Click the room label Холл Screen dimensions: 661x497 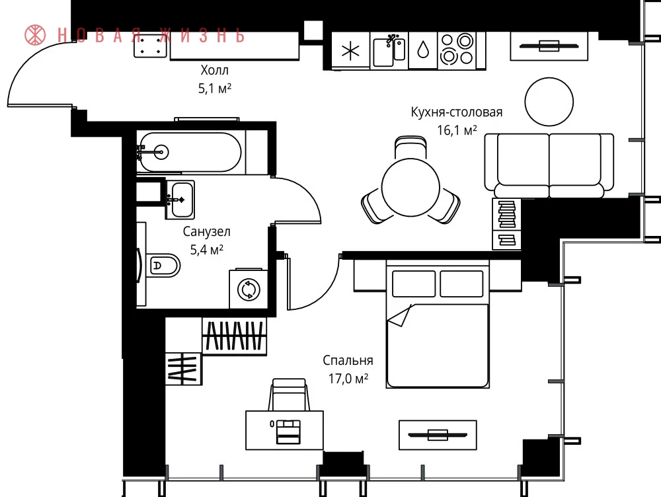click(215, 69)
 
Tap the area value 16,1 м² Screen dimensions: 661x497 click(457, 130)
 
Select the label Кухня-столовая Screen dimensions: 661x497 click(457, 112)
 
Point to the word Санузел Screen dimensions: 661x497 click(206, 231)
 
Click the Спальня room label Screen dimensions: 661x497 click(348, 360)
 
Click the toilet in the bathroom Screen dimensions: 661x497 click(163, 265)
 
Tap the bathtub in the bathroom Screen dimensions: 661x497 click(190, 152)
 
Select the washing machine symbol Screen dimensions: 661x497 click(249, 289)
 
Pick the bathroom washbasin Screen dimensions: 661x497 click(180, 200)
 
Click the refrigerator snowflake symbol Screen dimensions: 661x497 click(351, 52)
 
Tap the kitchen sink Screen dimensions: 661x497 click(389, 51)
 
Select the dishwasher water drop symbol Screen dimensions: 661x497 click(423, 51)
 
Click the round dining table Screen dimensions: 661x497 click(410, 187)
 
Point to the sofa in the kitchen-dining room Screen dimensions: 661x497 click(549, 165)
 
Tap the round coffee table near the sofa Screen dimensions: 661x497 click(549, 102)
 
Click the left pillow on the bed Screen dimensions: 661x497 click(414, 284)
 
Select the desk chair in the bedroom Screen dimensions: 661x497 click(290, 394)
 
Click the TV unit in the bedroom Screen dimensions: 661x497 click(438, 435)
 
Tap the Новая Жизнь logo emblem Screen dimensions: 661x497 click(36, 35)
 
